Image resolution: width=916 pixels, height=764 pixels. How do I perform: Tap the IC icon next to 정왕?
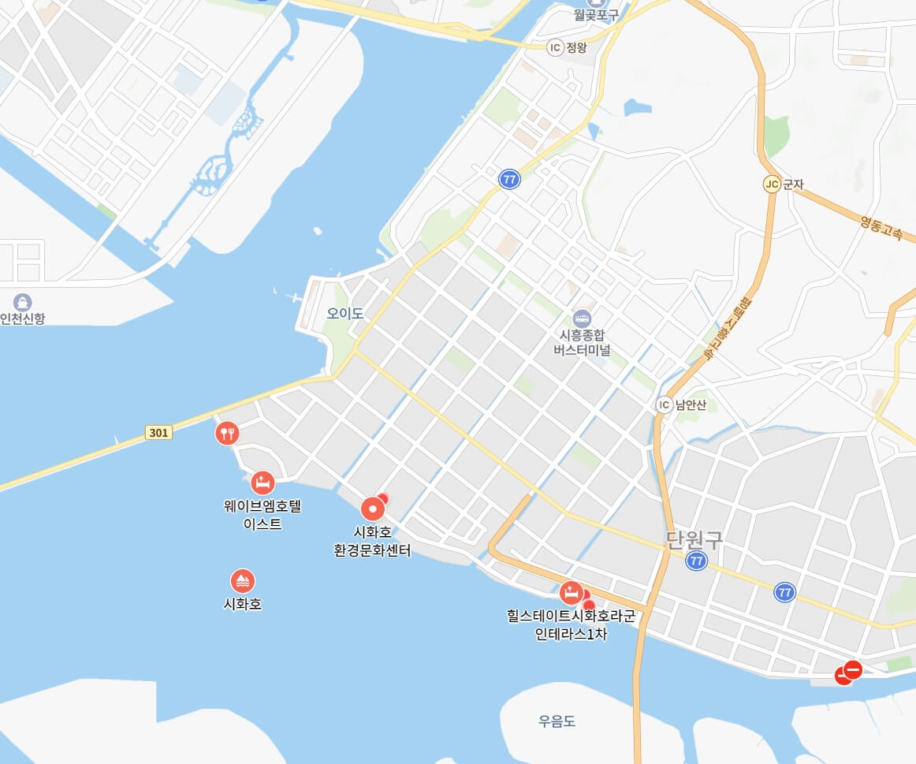(555, 47)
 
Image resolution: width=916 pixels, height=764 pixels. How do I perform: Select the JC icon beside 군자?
(771, 184)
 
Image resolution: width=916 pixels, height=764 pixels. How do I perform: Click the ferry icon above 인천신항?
(23, 302)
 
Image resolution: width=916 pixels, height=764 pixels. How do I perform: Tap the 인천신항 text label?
(23, 319)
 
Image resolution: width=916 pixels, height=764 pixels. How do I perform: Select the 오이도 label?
(345, 314)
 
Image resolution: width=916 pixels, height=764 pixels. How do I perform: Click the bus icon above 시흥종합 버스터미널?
(583, 319)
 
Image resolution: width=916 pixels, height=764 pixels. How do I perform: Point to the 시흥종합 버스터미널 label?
(583, 342)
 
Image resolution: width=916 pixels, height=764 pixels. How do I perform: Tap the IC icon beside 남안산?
(665, 405)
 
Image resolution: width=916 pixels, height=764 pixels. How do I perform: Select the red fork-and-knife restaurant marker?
(227, 433)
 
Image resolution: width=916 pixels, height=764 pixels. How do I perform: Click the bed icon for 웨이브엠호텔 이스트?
(263, 483)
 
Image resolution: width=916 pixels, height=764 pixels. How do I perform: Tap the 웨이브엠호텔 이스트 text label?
(263, 515)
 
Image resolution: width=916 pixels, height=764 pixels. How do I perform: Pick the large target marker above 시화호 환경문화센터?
(373, 509)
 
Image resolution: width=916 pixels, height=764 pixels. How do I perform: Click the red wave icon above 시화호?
(243, 582)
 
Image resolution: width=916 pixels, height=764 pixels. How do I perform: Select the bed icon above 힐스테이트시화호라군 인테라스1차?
(570, 593)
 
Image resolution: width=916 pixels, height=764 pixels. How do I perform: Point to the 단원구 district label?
(694, 540)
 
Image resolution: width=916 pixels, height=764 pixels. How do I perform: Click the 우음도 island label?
(557, 721)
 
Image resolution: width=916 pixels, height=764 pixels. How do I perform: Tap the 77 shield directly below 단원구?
(695, 561)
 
